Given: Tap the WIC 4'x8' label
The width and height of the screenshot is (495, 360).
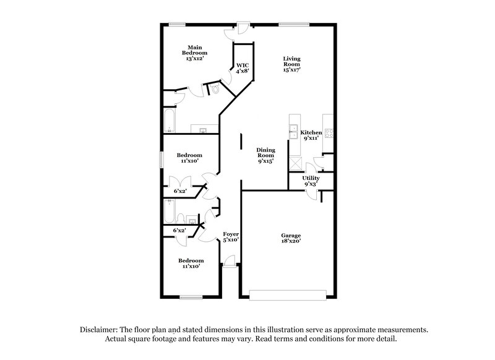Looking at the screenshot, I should click(242, 67).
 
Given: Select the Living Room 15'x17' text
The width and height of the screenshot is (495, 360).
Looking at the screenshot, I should click(291, 64).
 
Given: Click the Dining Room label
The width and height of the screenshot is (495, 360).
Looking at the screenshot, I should click(266, 155).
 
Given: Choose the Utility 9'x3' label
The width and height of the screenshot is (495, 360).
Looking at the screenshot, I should click(311, 181).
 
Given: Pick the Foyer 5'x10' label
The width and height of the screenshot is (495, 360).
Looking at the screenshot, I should click(231, 238).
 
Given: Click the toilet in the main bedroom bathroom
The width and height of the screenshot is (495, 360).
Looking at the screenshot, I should click(215, 89).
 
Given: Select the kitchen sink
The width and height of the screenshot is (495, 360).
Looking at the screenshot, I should click(293, 132).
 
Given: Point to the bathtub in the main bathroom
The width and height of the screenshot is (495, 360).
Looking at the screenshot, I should click(170, 120).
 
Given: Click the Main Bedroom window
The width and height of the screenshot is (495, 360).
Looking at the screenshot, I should click(178, 25).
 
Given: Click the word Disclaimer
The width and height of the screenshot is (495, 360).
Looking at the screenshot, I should click(100, 330).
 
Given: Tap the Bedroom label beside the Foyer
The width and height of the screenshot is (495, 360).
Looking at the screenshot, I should click(190, 264).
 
